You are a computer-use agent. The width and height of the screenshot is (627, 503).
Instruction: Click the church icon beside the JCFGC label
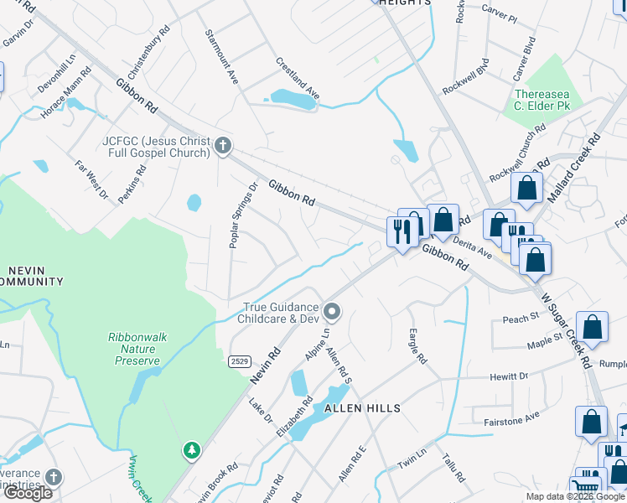[222, 146]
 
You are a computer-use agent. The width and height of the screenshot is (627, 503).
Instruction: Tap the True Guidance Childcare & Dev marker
[332, 313]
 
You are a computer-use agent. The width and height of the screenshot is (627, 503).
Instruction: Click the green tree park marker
[192, 451]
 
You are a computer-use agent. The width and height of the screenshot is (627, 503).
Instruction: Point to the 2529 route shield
[239, 360]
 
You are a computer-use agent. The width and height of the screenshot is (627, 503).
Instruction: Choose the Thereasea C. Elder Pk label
[542, 101]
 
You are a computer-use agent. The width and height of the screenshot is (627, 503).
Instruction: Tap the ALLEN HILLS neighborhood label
[364, 408]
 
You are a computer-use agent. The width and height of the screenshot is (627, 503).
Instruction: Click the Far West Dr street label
[92, 180]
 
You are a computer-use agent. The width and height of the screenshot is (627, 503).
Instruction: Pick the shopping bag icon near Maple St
[592, 329]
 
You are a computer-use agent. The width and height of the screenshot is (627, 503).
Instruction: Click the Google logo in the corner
[28, 493]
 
